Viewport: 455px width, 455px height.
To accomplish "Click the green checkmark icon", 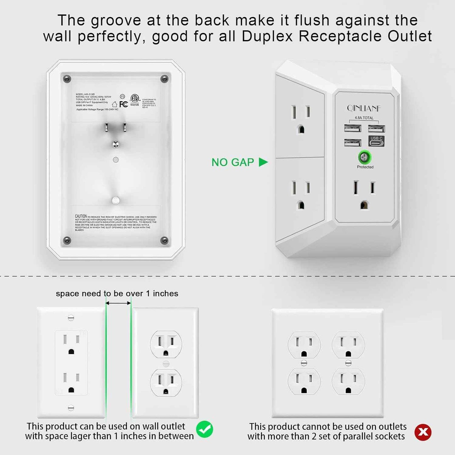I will tap(205, 429).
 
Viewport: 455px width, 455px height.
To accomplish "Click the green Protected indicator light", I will tap(365, 156).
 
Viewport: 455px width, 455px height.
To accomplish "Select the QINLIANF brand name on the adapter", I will tap(364, 109).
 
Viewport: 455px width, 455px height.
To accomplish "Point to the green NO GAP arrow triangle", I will tap(263, 162).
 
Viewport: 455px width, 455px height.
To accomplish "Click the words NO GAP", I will tap(233, 162).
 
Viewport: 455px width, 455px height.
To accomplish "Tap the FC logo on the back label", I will tap(123, 104).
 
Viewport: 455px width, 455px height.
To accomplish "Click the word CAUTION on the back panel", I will tap(81, 216).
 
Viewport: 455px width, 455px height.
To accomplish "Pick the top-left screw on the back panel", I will tap(67, 78).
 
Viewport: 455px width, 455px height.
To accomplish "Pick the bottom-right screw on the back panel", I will tap(164, 241).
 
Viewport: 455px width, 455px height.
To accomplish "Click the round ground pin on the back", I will tap(116, 144).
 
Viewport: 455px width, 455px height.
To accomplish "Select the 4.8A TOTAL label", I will tap(364, 118).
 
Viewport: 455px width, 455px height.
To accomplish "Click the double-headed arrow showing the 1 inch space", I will tap(118, 303).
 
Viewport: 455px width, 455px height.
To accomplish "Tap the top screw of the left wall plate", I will tap(71, 318).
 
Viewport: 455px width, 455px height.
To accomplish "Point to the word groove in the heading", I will tap(116, 20).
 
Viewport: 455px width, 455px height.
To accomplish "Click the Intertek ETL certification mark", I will tap(135, 100).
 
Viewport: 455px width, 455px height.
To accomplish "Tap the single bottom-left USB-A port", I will tap(352, 143).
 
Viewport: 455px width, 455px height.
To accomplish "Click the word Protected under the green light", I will tap(365, 167).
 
